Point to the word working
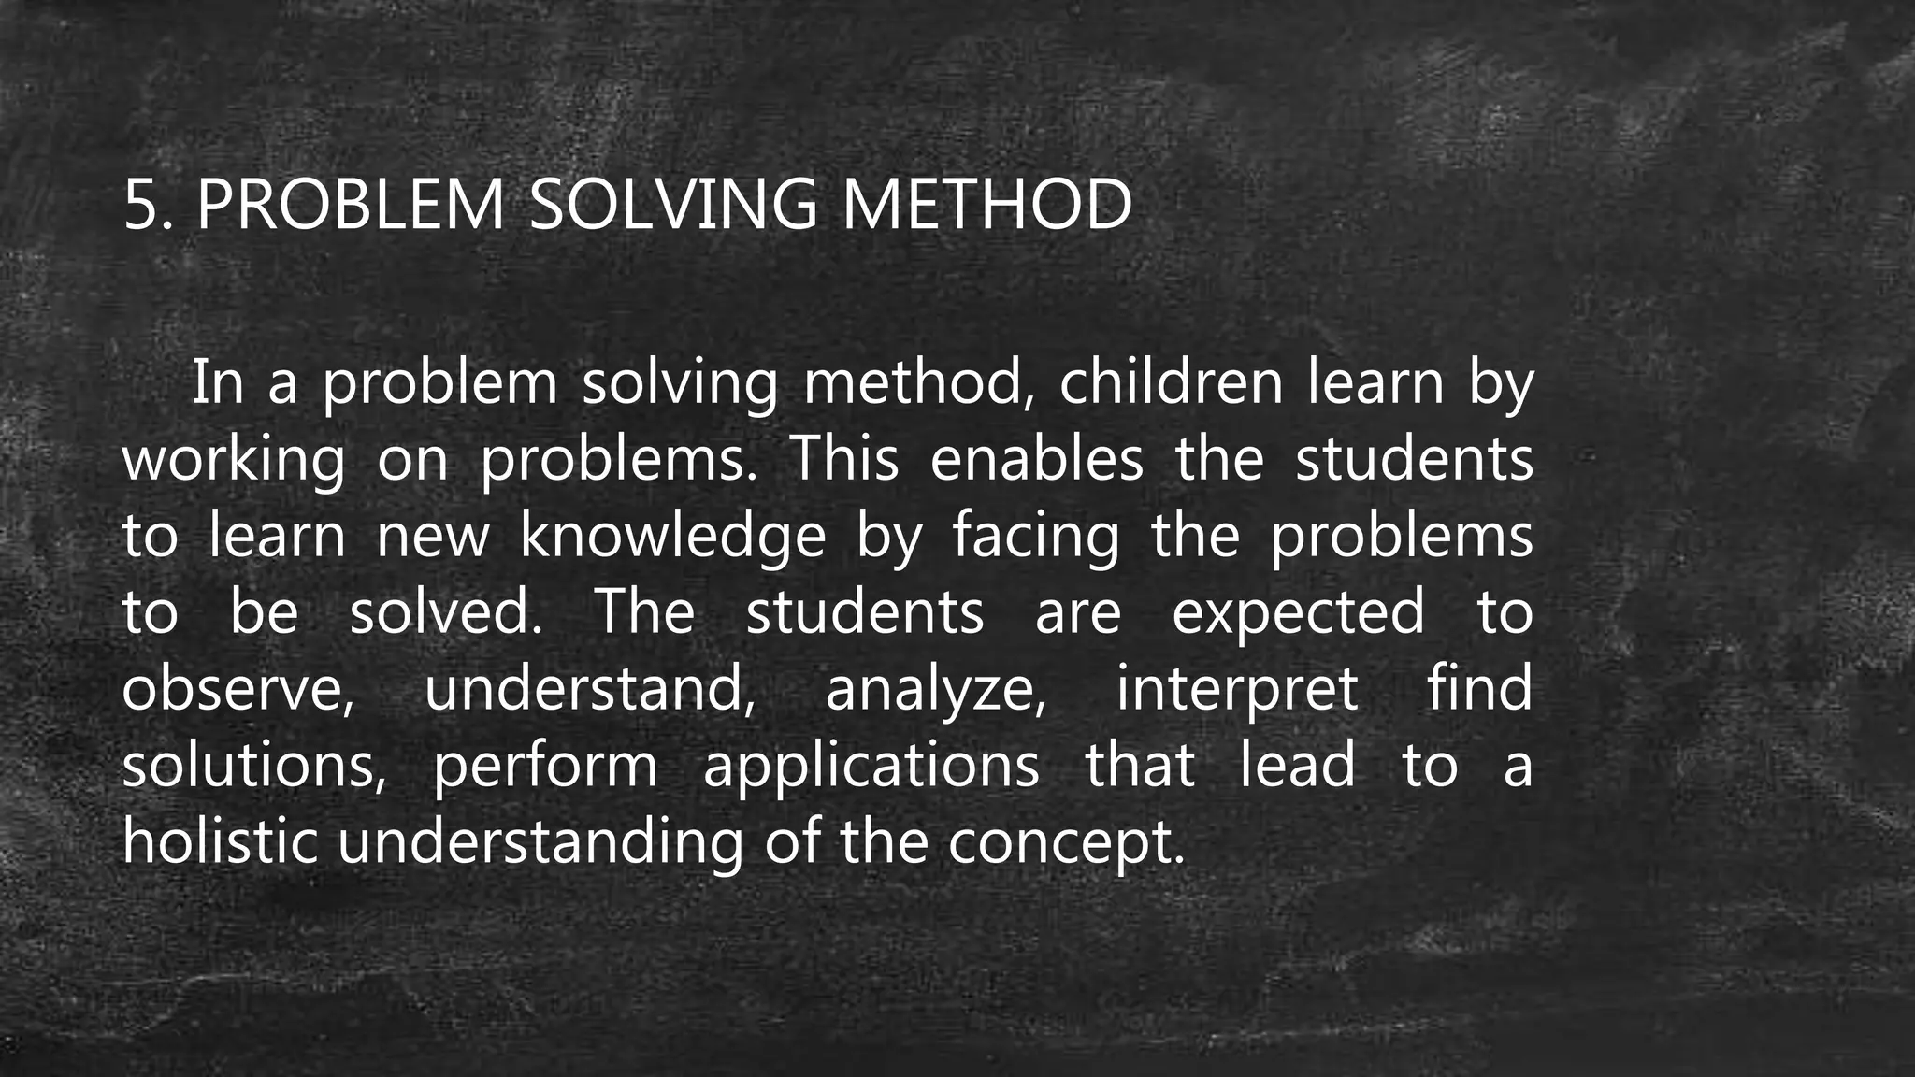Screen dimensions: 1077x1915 (x=234, y=460)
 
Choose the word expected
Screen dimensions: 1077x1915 (x=1299, y=612)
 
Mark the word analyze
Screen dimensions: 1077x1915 (x=935, y=689)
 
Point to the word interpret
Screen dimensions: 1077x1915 (x=1237, y=689)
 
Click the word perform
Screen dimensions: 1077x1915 (x=546, y=766)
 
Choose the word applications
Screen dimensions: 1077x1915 (x=871, y=766)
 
